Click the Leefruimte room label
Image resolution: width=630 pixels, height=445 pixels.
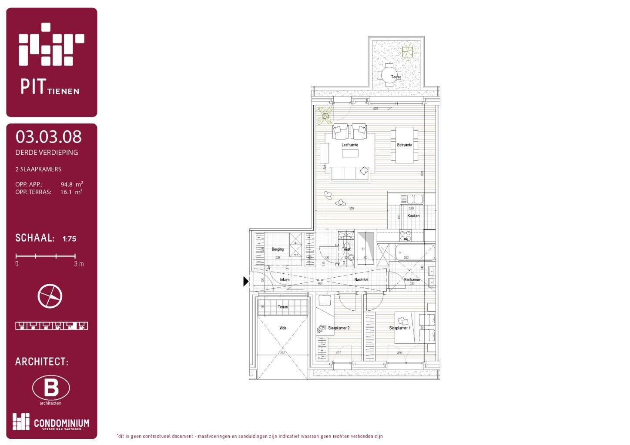coord(349,145)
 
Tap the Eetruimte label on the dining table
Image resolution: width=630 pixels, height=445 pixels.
coord(404,145)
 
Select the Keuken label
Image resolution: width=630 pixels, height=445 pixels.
coord(413,216)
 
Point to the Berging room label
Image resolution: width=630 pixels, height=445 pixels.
coord(278,249)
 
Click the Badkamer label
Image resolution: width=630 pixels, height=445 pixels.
coord(412,279)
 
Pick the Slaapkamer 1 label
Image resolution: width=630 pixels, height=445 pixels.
coord(399,328)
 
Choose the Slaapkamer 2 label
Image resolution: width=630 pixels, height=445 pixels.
coord(338,328)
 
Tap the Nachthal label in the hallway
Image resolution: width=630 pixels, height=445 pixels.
coord(361,279)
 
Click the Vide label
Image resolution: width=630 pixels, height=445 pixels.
coord(283,328)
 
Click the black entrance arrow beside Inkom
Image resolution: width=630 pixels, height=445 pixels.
coord(246,282)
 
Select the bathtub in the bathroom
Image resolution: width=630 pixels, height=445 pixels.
coord(415,252)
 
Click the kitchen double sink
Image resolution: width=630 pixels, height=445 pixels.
coord(411,199)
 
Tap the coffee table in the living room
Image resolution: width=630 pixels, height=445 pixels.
coord(350,153)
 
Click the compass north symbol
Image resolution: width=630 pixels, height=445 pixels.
coord(50,296)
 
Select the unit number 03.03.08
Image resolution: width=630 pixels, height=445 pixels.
coord(48,137)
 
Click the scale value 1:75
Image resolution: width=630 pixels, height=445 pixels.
coord(69,239)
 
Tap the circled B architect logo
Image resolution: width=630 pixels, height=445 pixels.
coord(51,388)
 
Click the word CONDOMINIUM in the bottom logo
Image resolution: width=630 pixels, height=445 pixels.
coord(61,423)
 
